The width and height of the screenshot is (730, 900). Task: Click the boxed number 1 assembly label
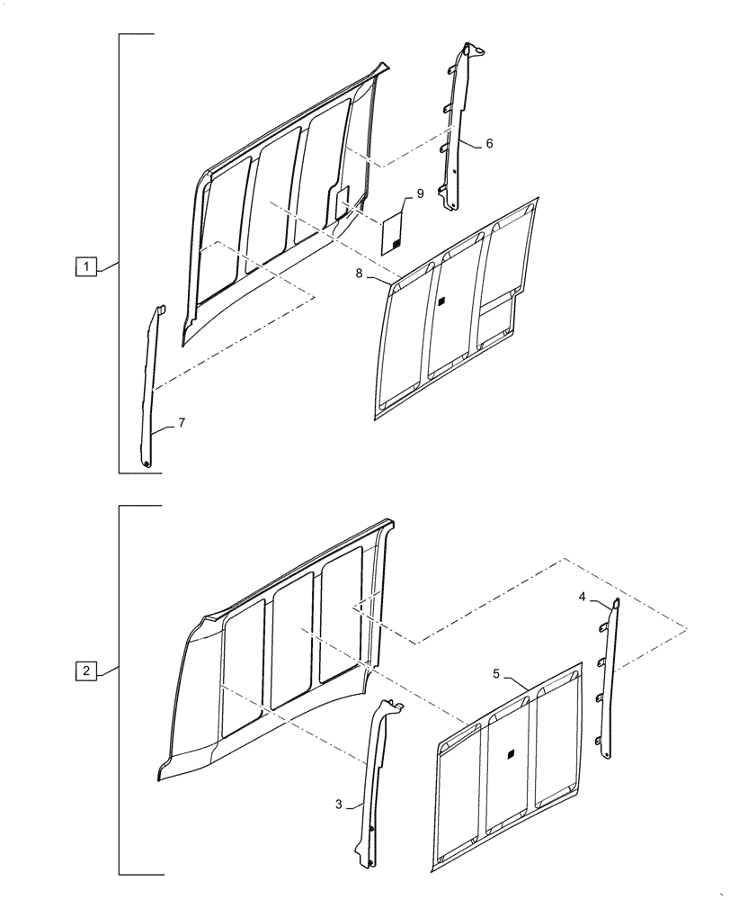tap(85, 266)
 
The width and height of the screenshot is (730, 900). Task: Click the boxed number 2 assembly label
tap(85, 671)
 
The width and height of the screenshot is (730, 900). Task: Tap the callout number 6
tap(489, 143)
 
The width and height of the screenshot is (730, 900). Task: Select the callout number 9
tap(419, 194)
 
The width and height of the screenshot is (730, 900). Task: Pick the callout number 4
tap(582, 597)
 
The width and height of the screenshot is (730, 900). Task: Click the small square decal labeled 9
tap(392, 234)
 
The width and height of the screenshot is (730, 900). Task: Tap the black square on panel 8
tap(441, 303)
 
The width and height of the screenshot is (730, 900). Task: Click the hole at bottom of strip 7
tap(145, 463)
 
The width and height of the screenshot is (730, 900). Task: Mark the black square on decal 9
tap(395, 244)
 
